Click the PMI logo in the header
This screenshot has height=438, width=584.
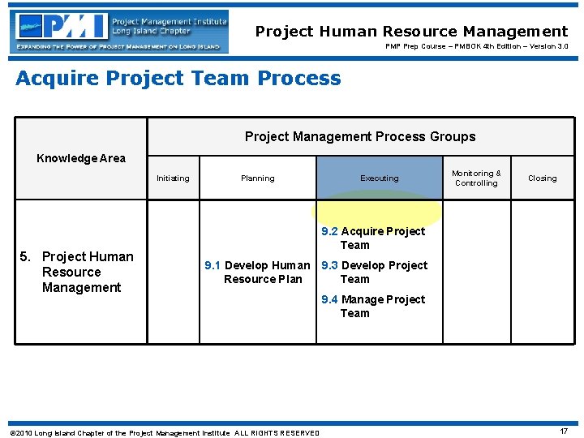tap(119, 32)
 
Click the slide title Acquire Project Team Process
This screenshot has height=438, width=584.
tap(178, 79)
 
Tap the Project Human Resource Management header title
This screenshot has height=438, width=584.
tap(411, 32)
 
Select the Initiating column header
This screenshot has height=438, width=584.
tap(173, 178)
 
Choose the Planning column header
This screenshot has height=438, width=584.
tap(257, 178)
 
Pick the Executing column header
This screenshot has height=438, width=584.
tap(380, 178)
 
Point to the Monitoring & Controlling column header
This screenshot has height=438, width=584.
tap(476, 178)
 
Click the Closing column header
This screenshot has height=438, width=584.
tap(542, 178)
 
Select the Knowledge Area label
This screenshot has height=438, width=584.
tap(81, 158)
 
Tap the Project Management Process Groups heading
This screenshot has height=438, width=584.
tap(360, 136)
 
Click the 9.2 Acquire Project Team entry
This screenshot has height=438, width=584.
tap(373, 238)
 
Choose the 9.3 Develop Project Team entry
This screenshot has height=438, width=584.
tap(374, 272)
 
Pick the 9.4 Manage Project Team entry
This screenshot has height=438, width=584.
tap(373, 306)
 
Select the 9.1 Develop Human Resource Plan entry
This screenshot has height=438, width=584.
tap(257, 272)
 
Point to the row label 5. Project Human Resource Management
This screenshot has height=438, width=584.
tap(81, 272)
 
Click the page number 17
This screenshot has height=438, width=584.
tap(564, 431)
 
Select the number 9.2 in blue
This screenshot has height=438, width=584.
tap(329, 231)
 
